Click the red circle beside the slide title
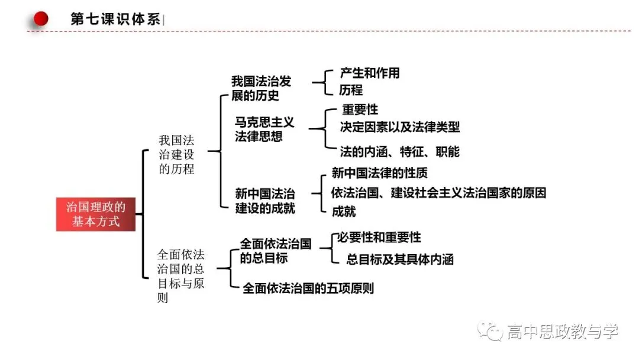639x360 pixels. click(x=41, y=18)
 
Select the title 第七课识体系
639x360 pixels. click(x=115, y=19)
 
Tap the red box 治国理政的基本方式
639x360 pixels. click(x=96, y=214)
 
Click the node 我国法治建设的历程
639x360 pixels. click(x=176, y=155)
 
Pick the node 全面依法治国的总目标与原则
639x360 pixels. click(x=180, y=276)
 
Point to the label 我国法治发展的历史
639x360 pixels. click(x=262, y=88)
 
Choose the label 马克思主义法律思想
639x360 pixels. click(x=264, y=129)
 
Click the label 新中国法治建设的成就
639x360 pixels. click(x=265, y=201)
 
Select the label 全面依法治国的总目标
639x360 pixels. click(x=276, y=250)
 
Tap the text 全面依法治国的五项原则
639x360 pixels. click(x=308, y=288)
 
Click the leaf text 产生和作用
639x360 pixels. click(x=370, y=73)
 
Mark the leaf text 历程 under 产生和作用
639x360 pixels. click(x=351, y=89)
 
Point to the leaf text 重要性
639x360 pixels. click(x=360, y=110)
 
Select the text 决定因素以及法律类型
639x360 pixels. click(x=400, y=127)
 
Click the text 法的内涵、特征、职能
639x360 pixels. click(x=400, y=152)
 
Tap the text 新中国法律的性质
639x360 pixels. click(x=379, y=173)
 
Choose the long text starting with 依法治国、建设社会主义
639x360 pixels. click(x=438, y=192)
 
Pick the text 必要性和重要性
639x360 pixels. click(x=379, y=237)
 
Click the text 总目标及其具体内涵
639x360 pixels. click(x=400, y=259)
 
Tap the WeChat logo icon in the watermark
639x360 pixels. click(x=490, y=330)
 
